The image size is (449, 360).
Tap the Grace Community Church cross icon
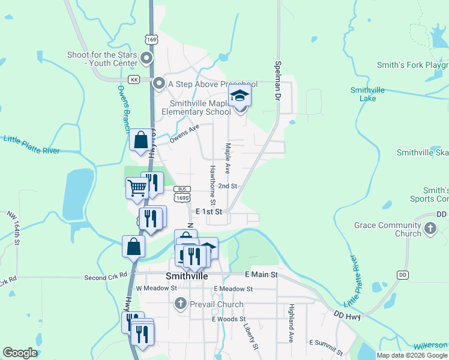point(430,228)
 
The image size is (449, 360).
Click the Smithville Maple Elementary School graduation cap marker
point(240,96)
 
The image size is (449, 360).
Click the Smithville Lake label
point(367,94)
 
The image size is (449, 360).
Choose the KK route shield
point(134,79)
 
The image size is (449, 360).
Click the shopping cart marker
point(137,188)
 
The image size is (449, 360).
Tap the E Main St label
point(261,274)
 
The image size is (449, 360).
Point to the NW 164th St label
point(14,228)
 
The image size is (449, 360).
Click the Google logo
point(19,353)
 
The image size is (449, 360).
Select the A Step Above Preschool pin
point(159,84)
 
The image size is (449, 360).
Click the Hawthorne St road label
point(212,184)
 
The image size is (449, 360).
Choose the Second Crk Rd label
point(106,276)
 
